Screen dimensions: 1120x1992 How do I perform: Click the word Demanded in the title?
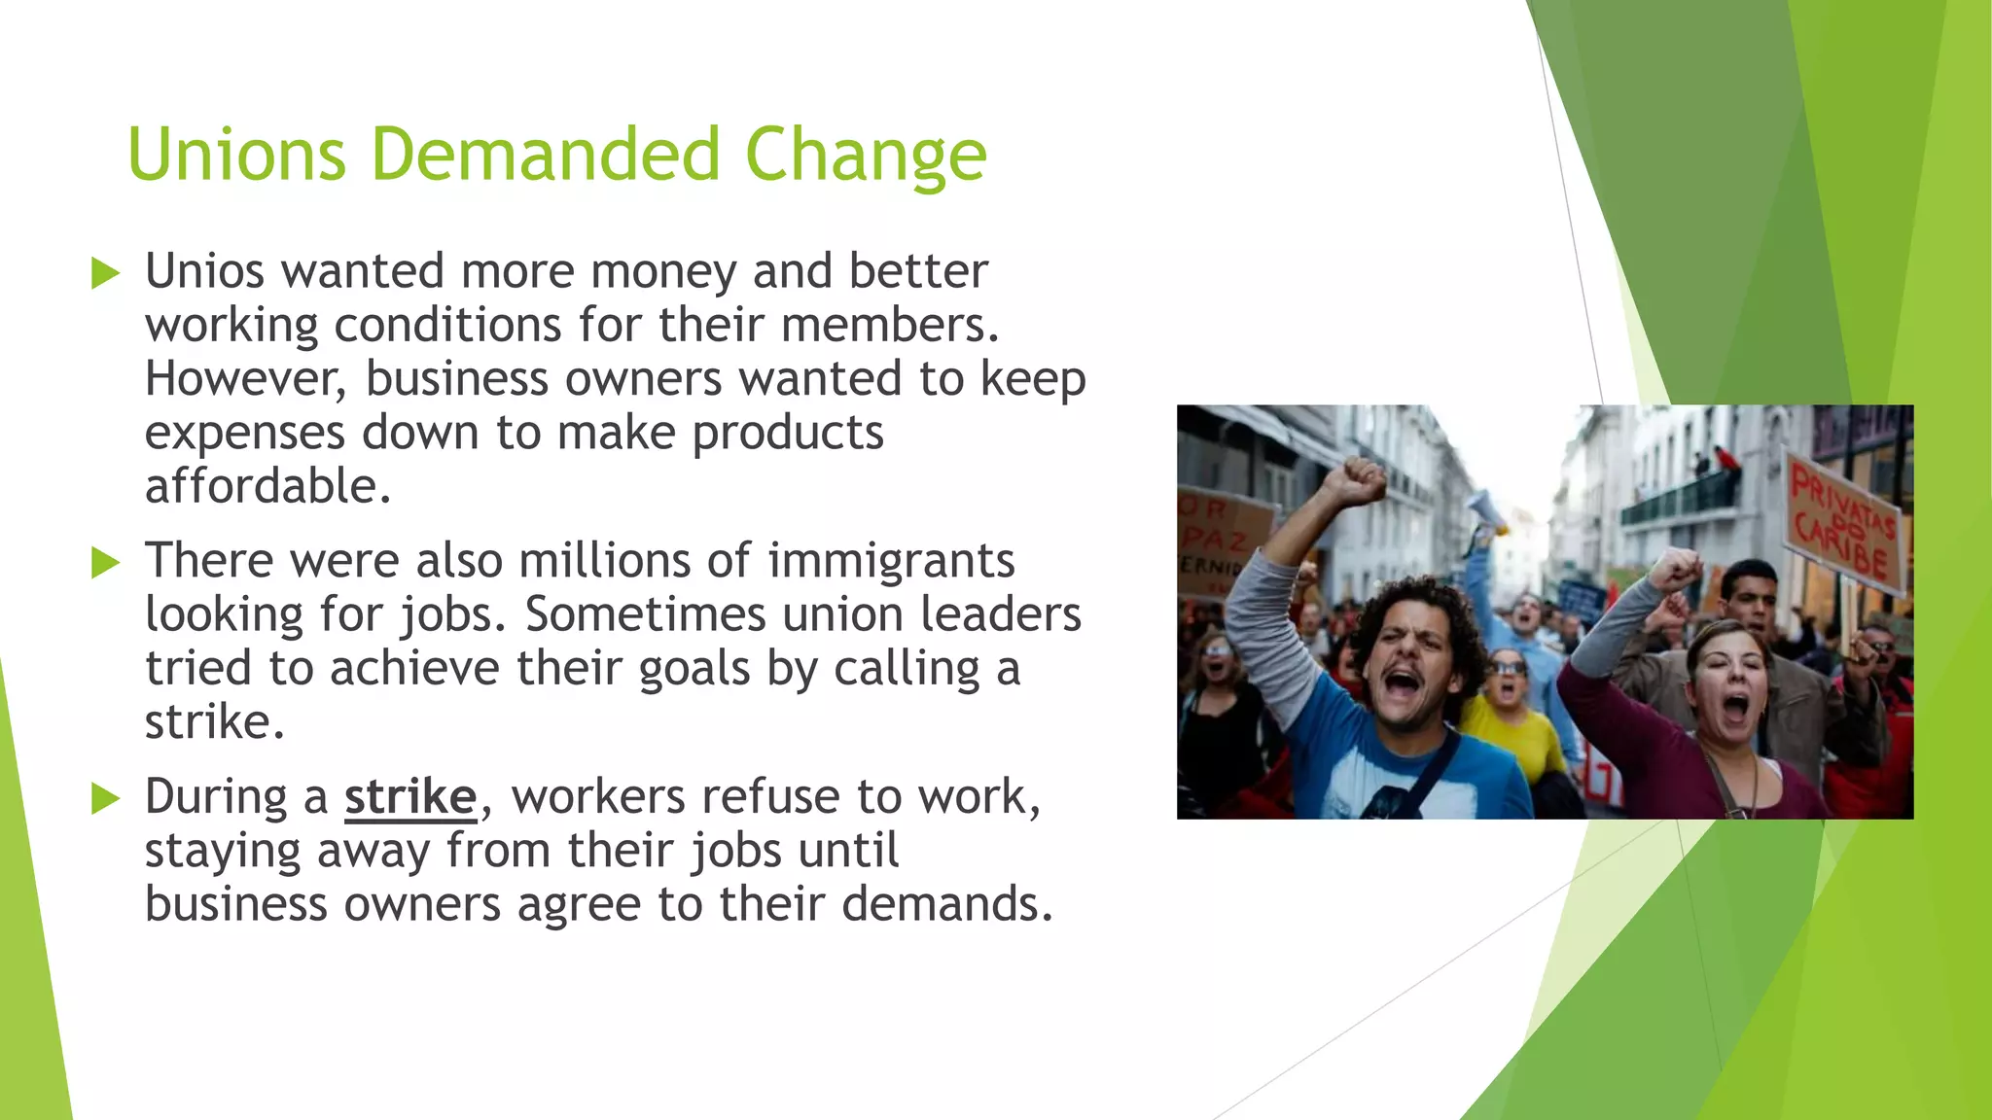click(545, 155)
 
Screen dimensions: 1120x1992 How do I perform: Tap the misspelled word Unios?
click(204, 270)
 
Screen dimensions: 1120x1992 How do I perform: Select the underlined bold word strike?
click(409, 797)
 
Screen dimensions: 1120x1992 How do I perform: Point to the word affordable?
click(267, 486)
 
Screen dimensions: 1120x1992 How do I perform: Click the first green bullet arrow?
click(104, 273)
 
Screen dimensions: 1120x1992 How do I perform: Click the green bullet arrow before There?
click(104, 563)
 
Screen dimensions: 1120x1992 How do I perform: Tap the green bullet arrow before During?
click(104, 799)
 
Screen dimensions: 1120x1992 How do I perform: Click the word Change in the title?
click(866, 155)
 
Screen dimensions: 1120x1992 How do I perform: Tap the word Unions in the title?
click(236, 155)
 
